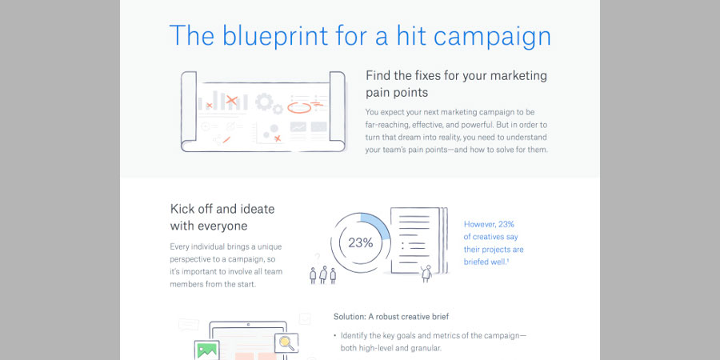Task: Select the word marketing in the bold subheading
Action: tap(518, 75)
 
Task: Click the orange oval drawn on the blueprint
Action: tap(299, 108)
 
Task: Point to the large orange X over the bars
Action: tap(232, 100)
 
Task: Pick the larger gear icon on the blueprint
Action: tap(264, 102)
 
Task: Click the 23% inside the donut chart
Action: tap(361, 243)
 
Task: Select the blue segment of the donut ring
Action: tap(378, 224)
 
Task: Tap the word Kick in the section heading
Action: tap(182, 210)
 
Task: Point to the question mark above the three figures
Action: tap(317, 257)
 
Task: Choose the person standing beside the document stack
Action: tap(426, 274)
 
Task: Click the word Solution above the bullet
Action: tap(349, 316)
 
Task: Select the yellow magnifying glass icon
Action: tap(286, 342)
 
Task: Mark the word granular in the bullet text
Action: tap(426, 349)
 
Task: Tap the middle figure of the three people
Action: tap(323, 274)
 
